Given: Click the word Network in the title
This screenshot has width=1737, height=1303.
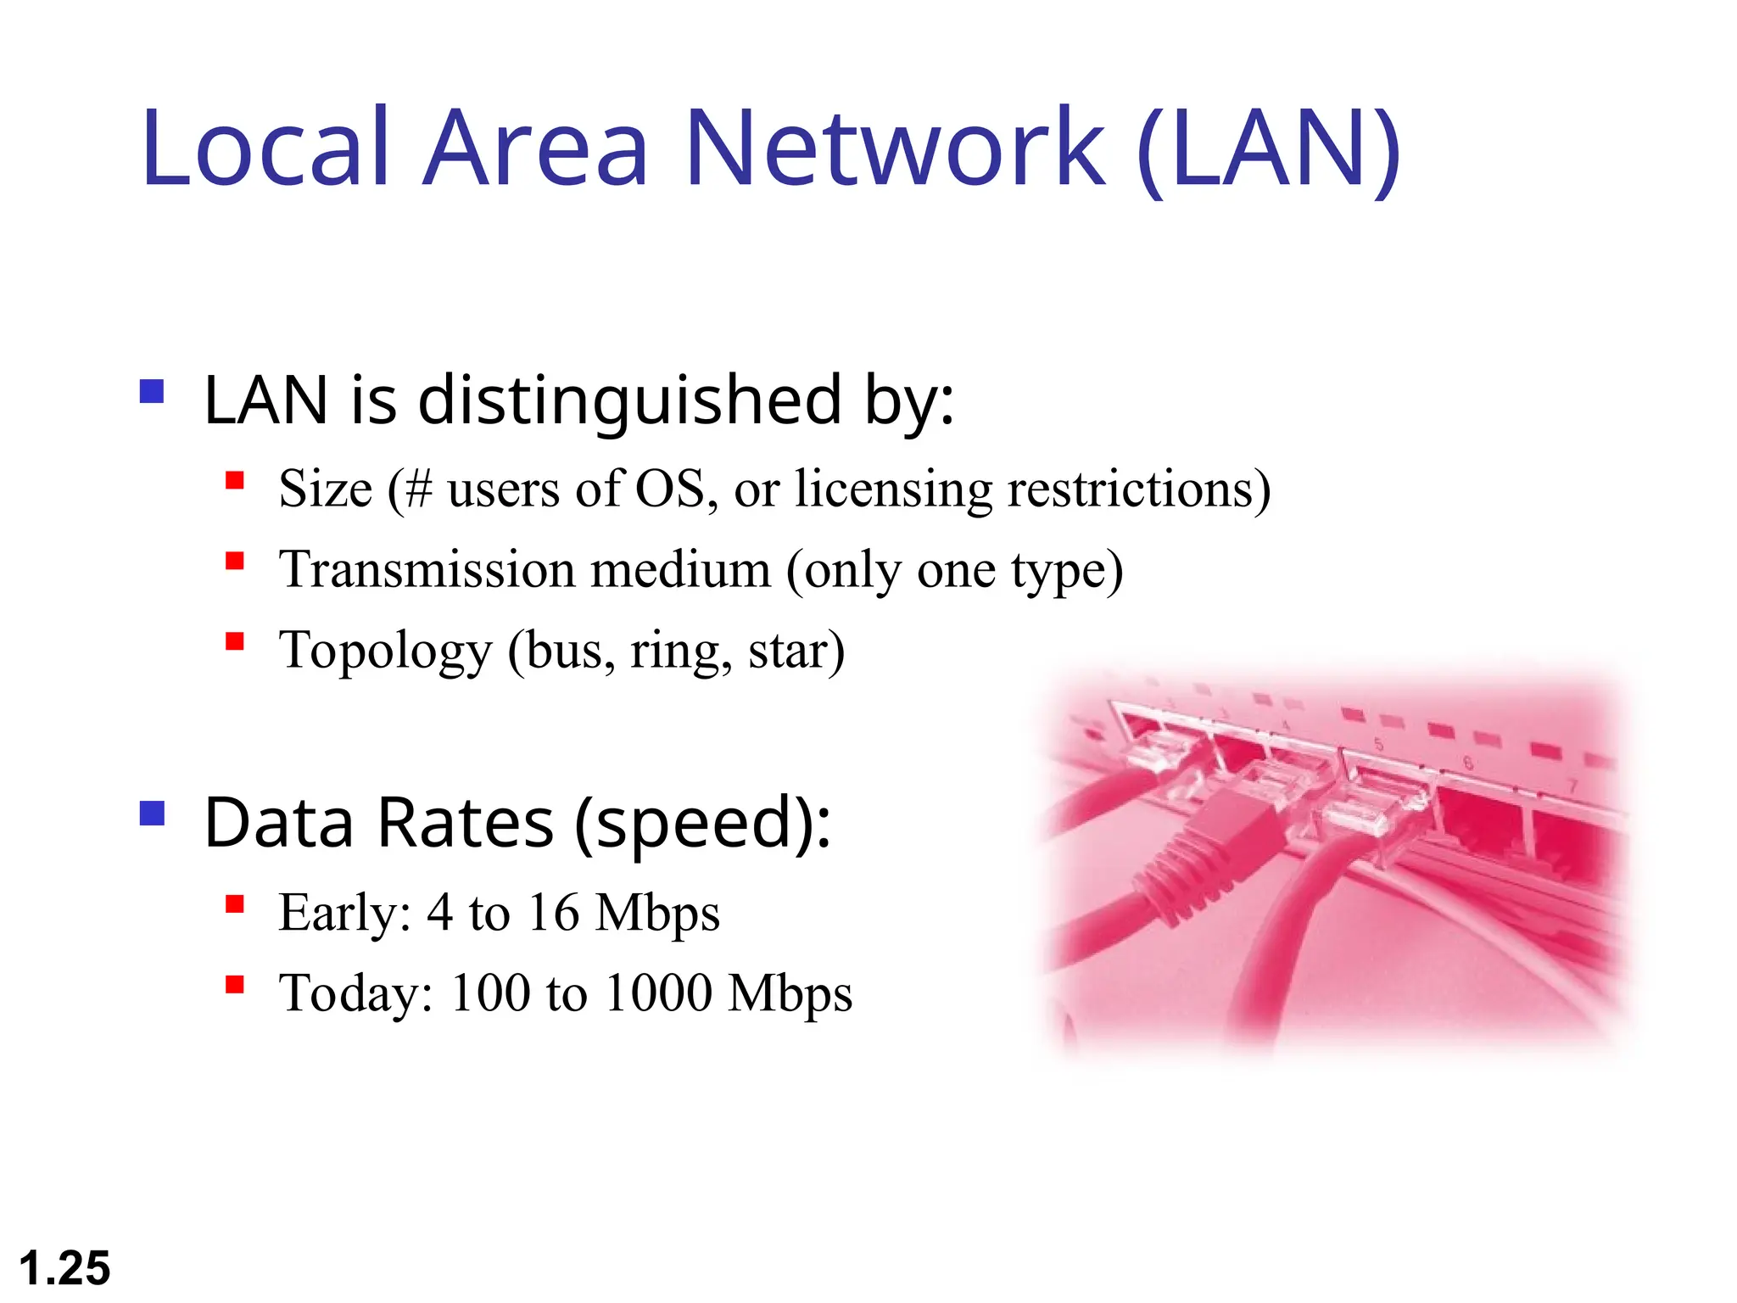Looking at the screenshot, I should click(894, 148).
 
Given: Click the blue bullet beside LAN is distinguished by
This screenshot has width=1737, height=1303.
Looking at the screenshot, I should click(152, 391).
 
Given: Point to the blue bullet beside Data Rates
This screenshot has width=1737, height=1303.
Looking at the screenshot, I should click(152, 814).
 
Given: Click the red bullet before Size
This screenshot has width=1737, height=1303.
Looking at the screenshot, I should click(235, 481).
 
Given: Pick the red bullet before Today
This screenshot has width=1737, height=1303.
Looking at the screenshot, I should click(235, 984).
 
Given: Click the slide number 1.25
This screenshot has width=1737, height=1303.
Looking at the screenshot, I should click(64, 1269).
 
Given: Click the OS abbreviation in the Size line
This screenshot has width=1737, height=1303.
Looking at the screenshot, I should click(670, 489).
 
